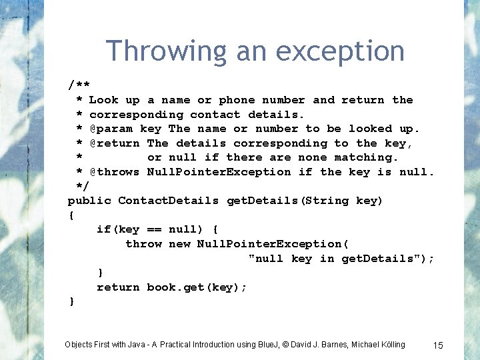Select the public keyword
tap(89, 201)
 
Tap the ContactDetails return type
tap(169, 201)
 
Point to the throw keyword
tap(143, 244)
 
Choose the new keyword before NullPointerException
tap(179, 244)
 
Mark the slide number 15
tap(438, 345)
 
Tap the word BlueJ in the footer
tap(268, 345)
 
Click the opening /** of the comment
tap(79, 85)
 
